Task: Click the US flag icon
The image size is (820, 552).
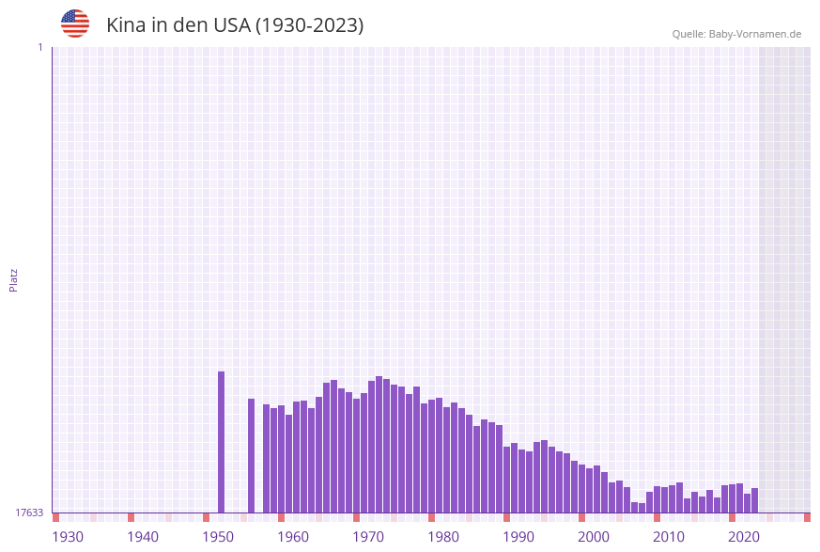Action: click(x=75, y=24)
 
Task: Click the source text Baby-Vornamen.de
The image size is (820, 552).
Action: click(x=755, y=34)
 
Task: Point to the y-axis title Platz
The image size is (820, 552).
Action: click(x=14, y=279)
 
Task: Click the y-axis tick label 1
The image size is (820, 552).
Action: click(x=39, y=47)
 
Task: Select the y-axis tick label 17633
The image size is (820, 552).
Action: click(x=29, y=513)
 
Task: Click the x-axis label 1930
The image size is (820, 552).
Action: click(x=68, y=537)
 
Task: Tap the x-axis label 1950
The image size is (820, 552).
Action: click(x=218, y=537)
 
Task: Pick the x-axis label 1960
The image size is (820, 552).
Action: click(x=293, y=537)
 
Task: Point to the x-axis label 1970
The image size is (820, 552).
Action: click(x=368, y=537)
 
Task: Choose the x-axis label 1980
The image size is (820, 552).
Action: click(x=443, y=537)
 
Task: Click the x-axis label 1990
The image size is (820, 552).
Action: click(x=518, y=537)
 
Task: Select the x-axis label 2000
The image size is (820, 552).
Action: click(x=594, y=537)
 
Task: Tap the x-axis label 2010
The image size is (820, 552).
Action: click(x=669, y=537)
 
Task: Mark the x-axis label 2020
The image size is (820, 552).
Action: click(x=744, y=537)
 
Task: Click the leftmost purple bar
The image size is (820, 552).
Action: click(x=222, y=442)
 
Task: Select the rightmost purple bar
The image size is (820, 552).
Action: click(x=754, y=500)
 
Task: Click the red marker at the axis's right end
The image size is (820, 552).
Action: click(x=807, y=517)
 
